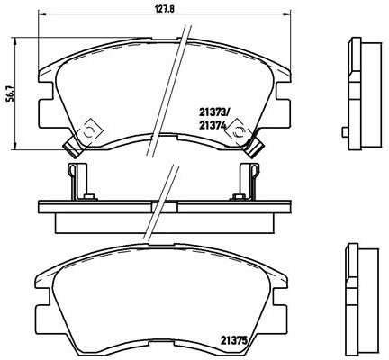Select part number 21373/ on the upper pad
point(214,112)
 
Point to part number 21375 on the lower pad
point(236,339)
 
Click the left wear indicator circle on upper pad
point(88,132)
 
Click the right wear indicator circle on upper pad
point(239,132)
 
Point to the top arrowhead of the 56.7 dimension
point(21,42)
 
